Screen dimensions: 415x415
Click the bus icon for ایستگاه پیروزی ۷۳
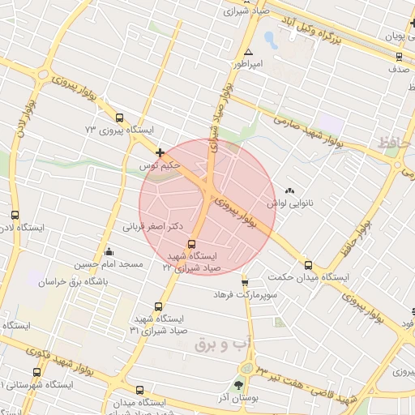click(120, 117)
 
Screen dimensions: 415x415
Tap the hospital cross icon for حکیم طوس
click(160, 152)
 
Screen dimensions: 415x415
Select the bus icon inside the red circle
click(192, 244)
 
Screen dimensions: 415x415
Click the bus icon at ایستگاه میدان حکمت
click(307, 264)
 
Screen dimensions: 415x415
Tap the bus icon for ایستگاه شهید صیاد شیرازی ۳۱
click(157, 306)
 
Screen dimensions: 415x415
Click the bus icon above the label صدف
click(398, 56)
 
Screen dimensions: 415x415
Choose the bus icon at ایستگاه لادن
click(15, 216)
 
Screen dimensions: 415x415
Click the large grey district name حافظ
click(395, 145)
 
